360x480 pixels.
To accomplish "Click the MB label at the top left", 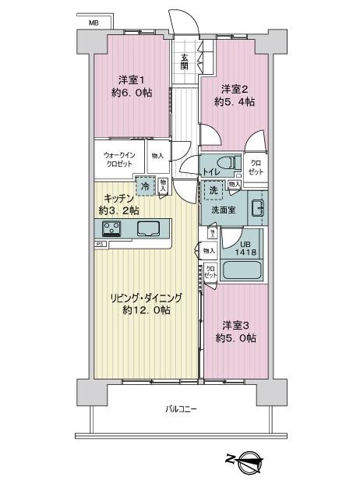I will pos(94,23).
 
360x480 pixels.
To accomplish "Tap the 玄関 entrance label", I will pos(185,62).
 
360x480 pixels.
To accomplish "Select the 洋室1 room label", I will pos(130,79).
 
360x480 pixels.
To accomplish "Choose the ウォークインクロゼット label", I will pos(120,160).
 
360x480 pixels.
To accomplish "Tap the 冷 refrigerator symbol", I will pos(144,185).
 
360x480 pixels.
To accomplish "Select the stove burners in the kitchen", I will pos(111,228).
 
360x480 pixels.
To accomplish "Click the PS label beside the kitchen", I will pos(100,244).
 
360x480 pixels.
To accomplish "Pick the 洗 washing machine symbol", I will pos(213,191).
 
